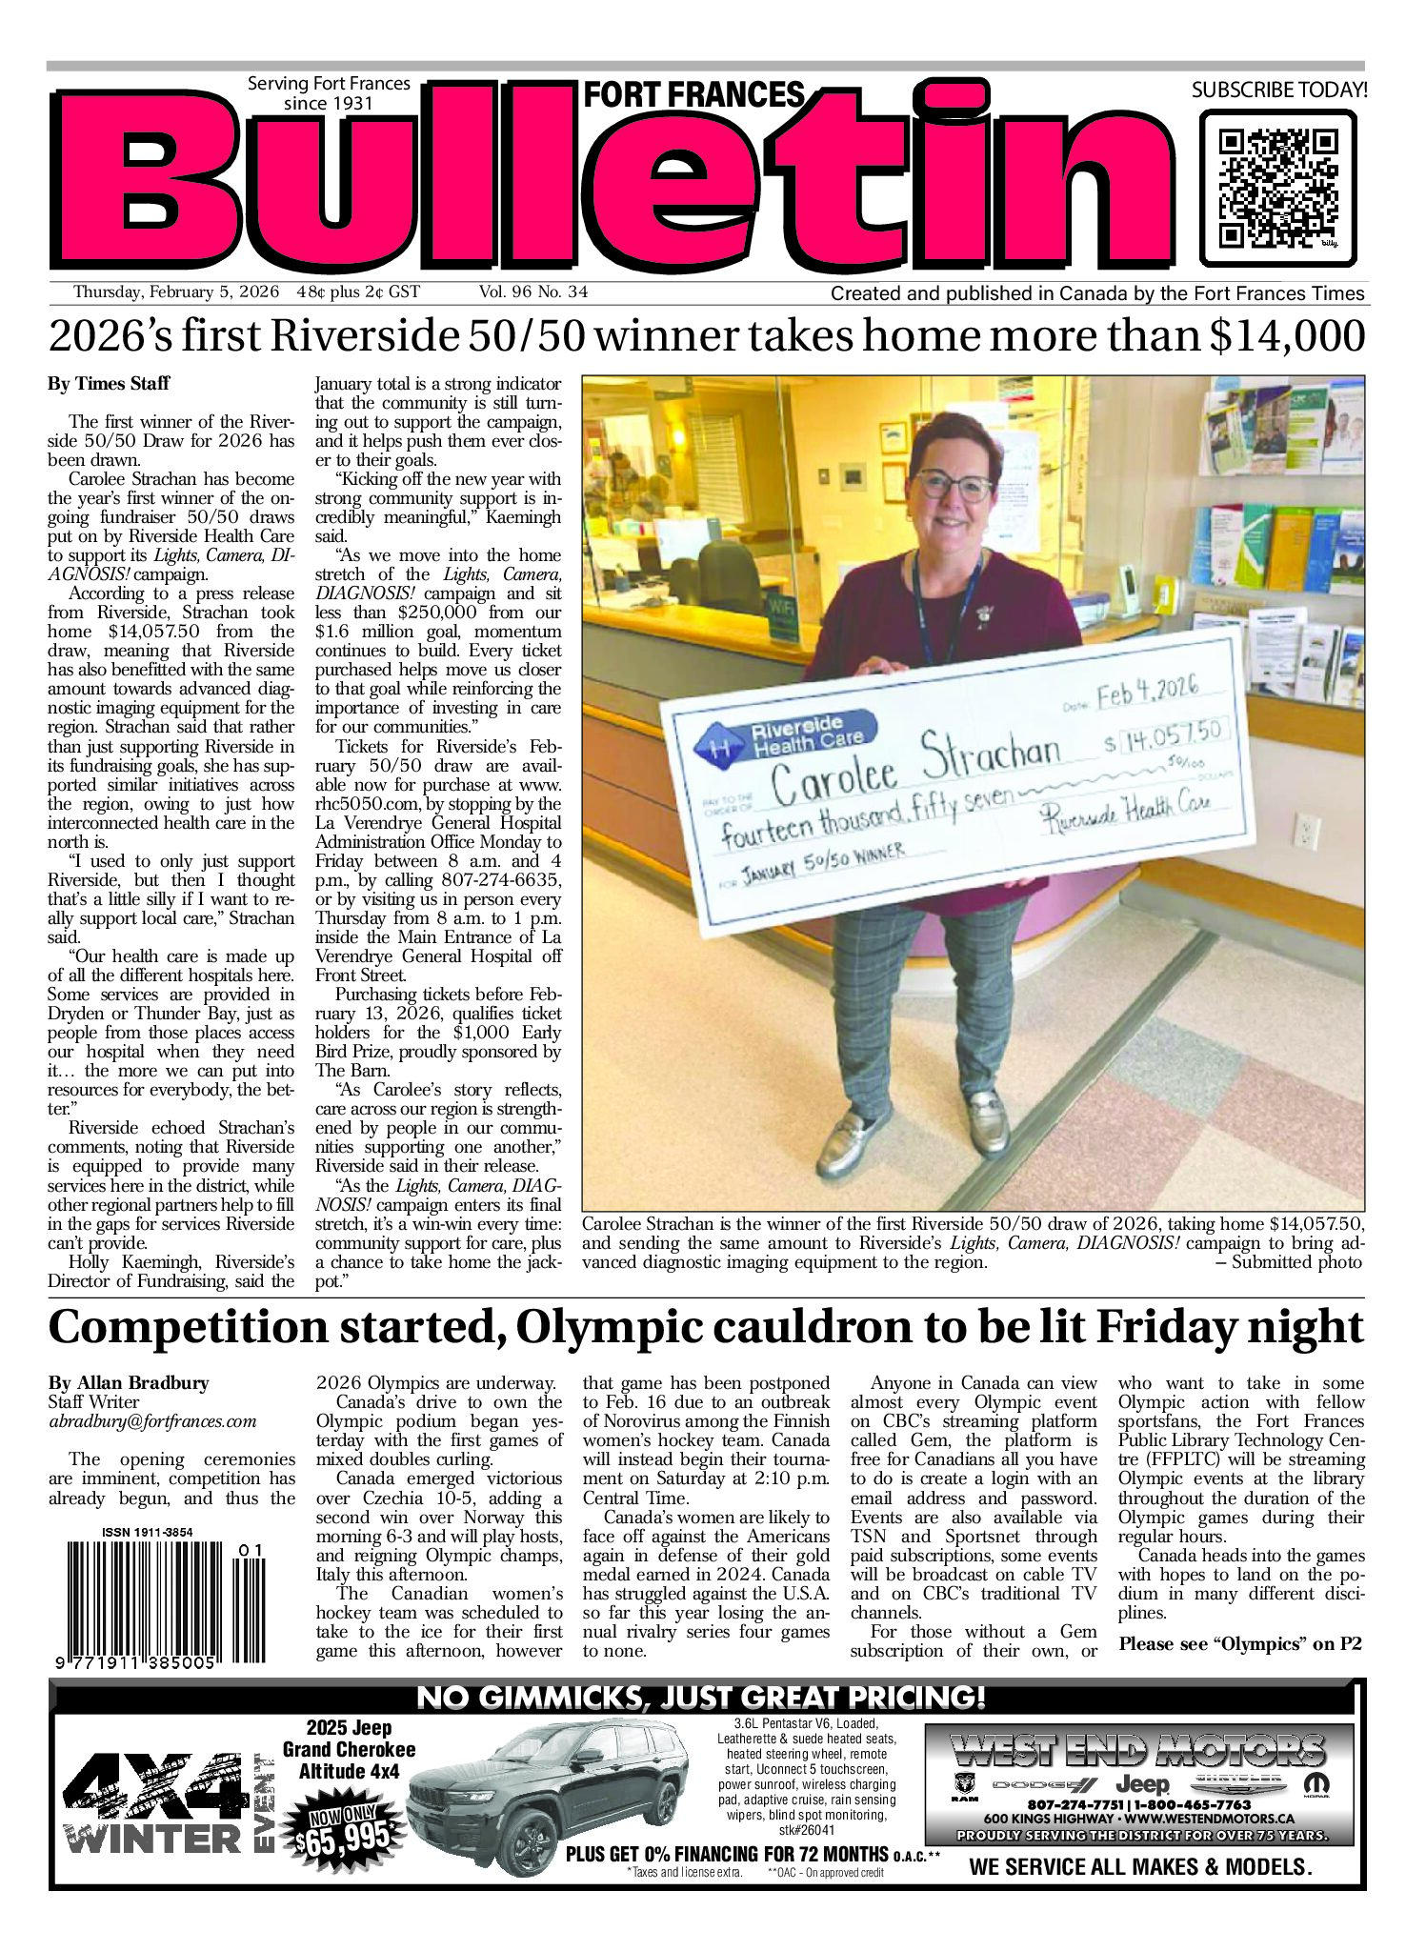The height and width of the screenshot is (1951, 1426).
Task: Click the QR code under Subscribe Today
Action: point(1276,188)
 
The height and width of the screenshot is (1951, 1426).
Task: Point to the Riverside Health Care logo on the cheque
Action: point(782,735)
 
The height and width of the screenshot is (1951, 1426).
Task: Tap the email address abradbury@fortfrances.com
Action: point(152,1421)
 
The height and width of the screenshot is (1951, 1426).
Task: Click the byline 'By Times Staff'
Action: point(109,384)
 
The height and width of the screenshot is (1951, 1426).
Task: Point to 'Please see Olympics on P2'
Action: point(1240,1643)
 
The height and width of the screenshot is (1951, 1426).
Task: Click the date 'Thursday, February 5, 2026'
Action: point(176,292)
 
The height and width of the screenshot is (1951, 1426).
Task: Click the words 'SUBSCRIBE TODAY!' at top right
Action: point(1279,91)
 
